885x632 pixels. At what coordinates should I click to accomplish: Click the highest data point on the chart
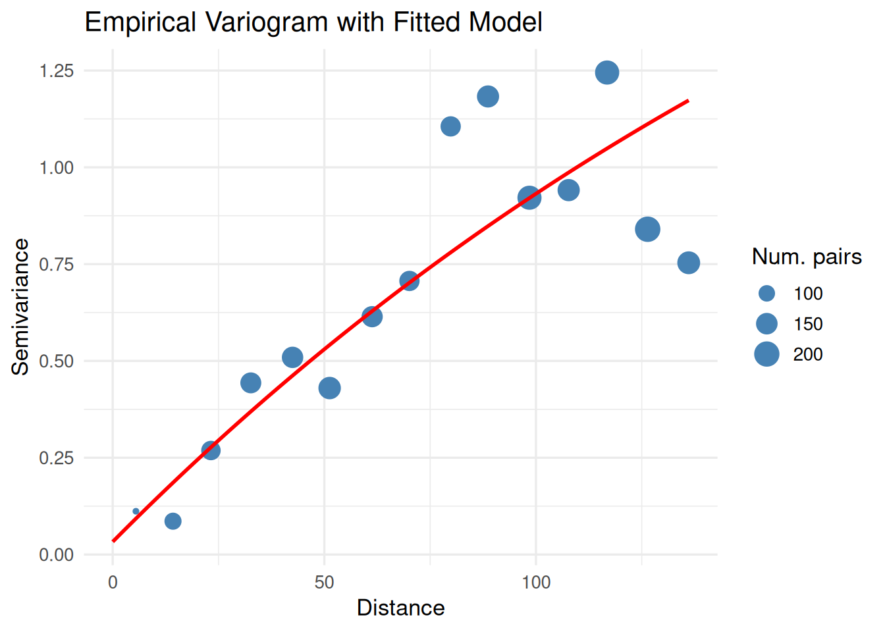pos(607,72)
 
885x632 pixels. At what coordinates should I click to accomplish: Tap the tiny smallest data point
pos(136,511)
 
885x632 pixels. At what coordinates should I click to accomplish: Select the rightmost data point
pos(688,263)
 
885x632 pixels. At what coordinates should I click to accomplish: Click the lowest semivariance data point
pos(173,521)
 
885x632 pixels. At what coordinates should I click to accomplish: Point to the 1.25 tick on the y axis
pos(57,70)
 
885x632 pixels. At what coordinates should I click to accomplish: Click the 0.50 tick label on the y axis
pos(57,361)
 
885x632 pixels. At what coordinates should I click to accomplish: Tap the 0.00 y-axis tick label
pos(57,554)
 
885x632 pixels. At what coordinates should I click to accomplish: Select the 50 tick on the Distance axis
pos(324,582)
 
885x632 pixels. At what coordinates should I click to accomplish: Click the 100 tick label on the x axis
pos(536,582)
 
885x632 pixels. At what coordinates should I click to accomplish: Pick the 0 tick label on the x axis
pos(113,582)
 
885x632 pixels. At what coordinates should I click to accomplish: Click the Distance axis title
pos(400,608)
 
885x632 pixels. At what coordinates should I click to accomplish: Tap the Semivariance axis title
pos(21,307)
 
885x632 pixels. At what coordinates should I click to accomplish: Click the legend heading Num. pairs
pos(807,256)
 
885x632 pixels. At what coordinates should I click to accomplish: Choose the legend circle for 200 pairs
pos(766,354)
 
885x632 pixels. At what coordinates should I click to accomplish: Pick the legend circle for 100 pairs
pos(766,294)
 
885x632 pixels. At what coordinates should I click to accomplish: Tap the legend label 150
pos(808,324)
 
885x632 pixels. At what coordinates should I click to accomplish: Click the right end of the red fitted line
pos(687,101)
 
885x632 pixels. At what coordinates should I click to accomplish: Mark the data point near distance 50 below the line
pos(329,388)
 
